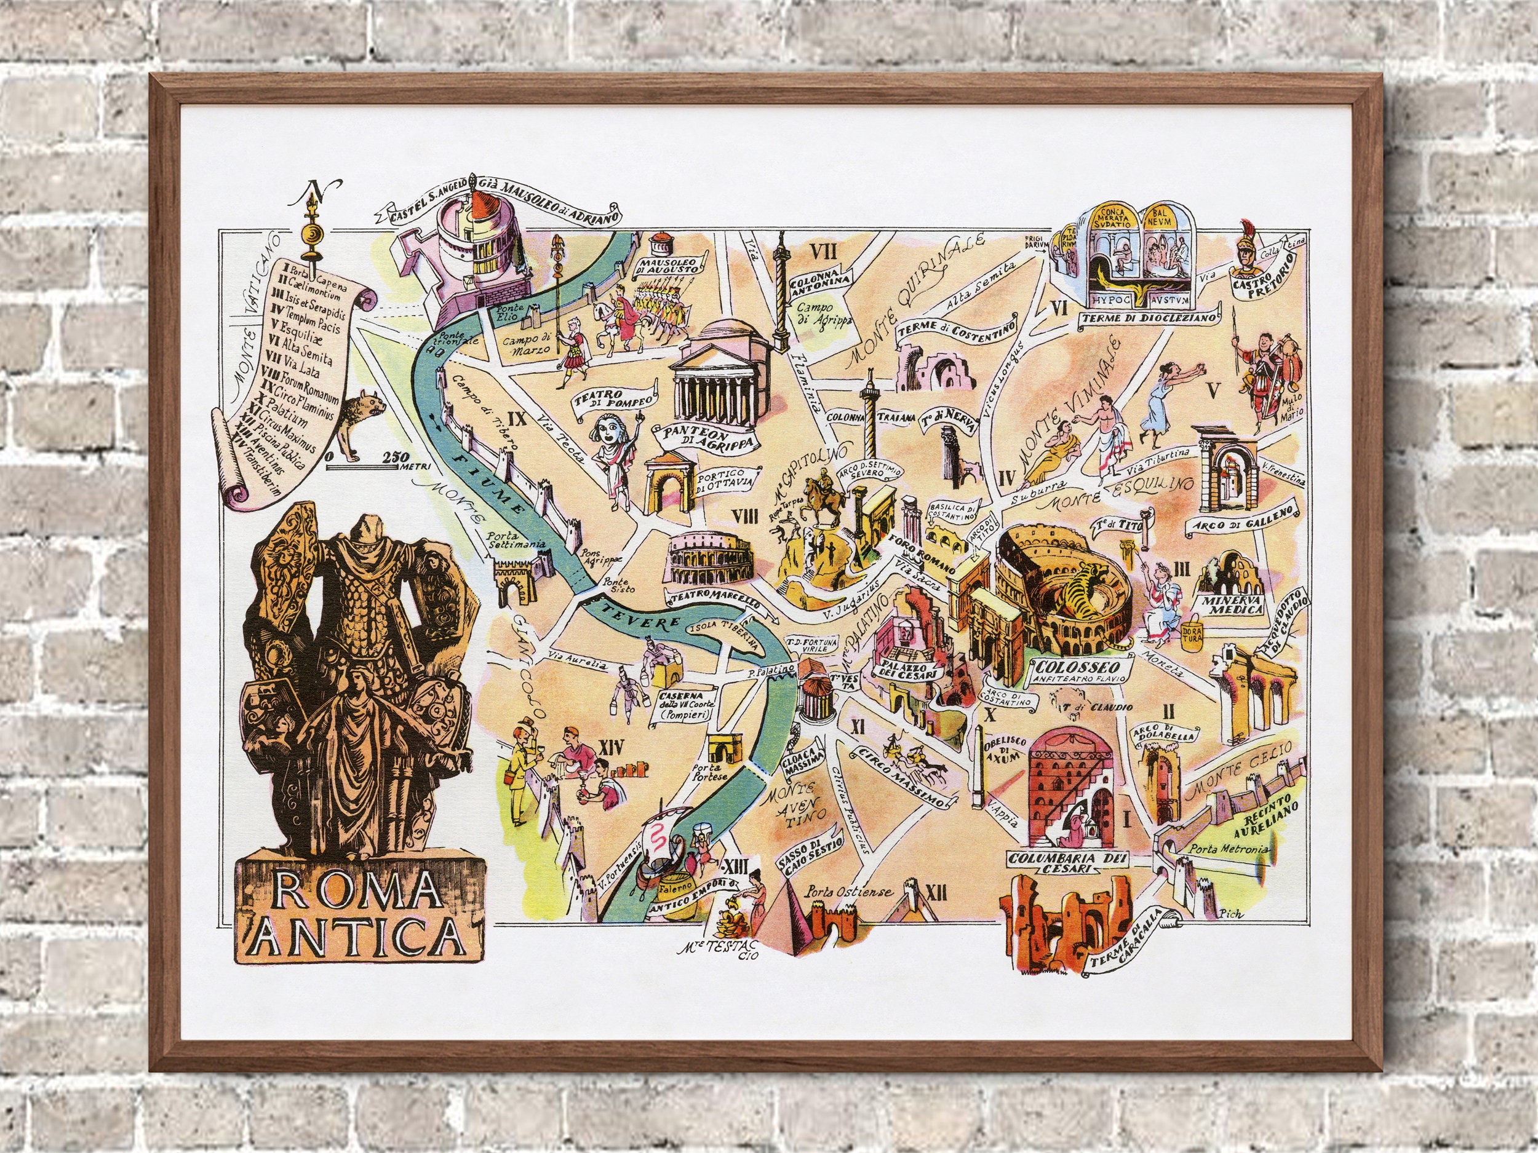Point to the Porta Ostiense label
(848, 892)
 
